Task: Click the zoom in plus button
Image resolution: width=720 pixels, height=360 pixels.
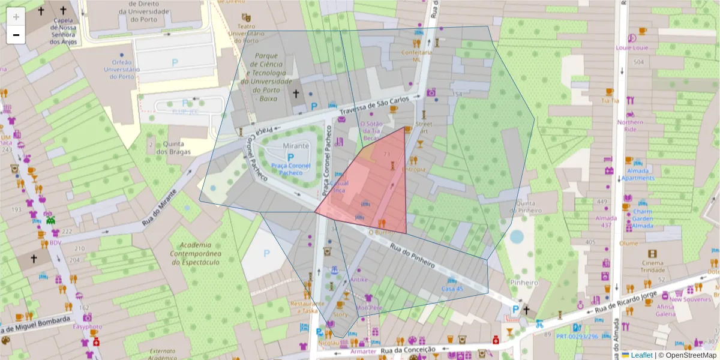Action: point(16,17)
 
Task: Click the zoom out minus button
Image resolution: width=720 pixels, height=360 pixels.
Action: point(16,35)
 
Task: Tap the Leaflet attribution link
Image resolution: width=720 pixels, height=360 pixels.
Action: point(642,355)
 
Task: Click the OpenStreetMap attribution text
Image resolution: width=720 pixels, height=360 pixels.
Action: point(691,355)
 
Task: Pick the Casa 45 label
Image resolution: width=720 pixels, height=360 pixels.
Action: point(452,289)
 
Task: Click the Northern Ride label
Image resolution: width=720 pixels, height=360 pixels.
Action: point(630,125)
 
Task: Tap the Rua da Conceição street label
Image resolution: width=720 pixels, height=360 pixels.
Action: point(407,349)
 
